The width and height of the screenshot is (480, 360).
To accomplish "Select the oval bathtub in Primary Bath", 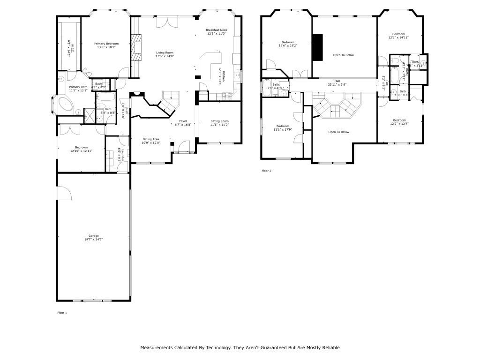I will click(x=65, y=104).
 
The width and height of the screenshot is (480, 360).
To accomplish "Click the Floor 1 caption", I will click(x=62, y=312).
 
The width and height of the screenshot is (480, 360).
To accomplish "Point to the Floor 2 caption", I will click(x=266, y=171).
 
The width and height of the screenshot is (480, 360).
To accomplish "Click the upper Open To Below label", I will click(x=343, y=55).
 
